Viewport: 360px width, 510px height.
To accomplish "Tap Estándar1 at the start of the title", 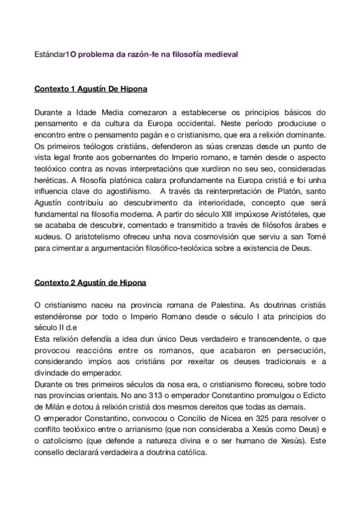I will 52,55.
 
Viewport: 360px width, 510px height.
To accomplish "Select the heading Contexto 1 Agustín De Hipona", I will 91,90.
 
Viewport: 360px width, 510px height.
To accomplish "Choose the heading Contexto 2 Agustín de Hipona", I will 91,283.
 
